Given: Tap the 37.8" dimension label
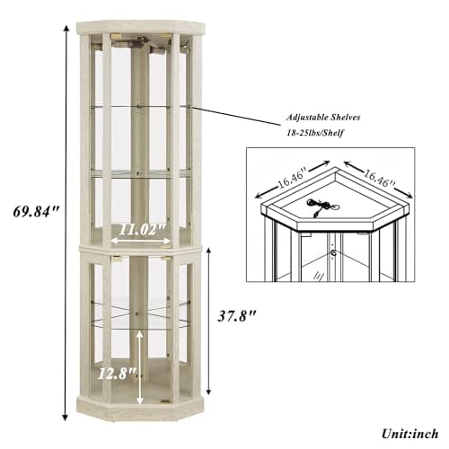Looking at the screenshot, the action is coord(237,315).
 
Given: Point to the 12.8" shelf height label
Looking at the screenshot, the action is coord(116,374).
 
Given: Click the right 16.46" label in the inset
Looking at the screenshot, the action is coord(379,178).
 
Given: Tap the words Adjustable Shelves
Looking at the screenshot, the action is coord(323,117).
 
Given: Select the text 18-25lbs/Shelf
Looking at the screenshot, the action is coord(315,132).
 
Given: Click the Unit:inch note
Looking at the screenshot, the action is coord(409,434).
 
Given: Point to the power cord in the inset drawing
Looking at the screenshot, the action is coord(320,206).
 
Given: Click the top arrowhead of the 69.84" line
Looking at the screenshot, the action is coord(66,29).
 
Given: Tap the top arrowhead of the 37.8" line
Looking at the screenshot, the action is coord(209,251).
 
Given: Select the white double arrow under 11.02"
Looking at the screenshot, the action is coord(140,241).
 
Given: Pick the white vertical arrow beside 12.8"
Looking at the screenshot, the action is coord(139,367).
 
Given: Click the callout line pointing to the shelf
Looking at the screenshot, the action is coord(235,115).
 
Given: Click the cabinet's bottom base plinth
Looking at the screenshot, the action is coord(140,410).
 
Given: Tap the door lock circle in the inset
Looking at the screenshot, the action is coord(333,253).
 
